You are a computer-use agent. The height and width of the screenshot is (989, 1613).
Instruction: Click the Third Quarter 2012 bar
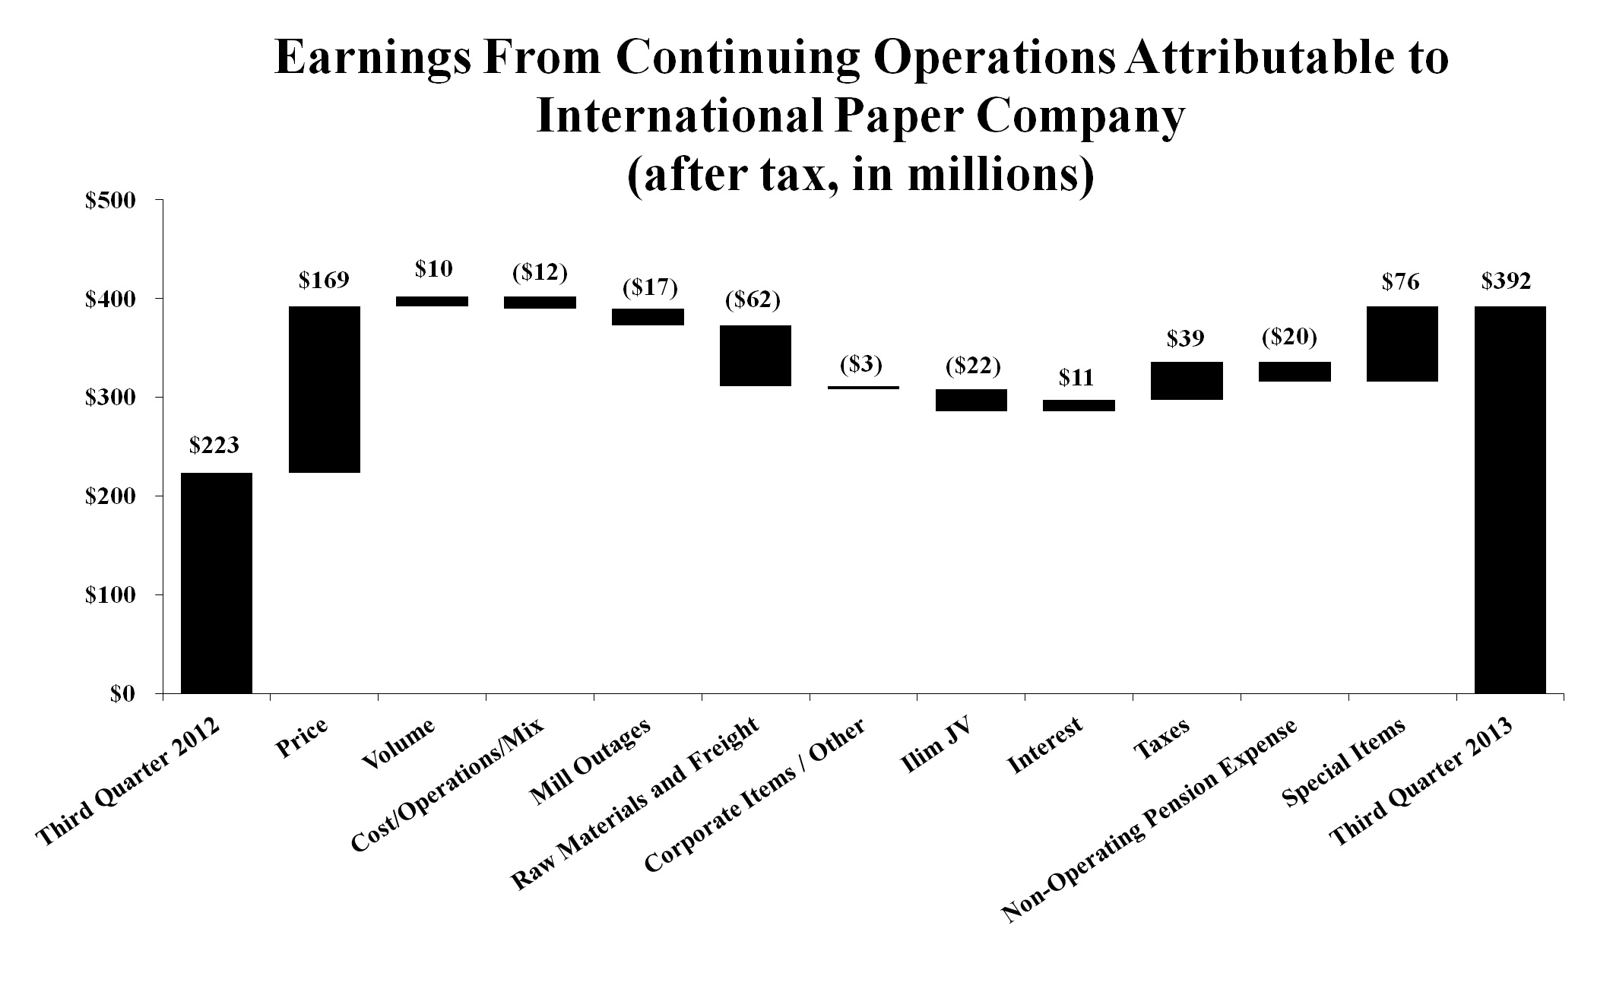point(216,583)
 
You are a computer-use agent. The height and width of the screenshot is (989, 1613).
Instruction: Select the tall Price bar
point(325,389)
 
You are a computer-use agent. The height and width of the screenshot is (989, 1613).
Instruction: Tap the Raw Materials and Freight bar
point(756,356)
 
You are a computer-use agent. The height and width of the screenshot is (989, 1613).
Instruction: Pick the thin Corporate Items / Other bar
point(864,388)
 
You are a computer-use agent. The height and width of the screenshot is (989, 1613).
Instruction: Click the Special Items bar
point(1402,344)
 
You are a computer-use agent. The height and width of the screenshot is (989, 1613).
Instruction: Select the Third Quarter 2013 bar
point(1510,499)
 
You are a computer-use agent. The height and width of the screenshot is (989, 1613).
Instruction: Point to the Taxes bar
point(1187,381)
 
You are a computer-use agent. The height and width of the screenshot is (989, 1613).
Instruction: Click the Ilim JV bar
point(971,400)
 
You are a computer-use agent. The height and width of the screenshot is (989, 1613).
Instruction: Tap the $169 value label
point(324,281)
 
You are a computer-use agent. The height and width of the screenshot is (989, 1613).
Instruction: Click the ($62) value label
point(753,300)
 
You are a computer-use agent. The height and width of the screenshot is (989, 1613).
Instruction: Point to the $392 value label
point(1507,281)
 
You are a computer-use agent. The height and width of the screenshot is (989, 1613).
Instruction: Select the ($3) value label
point(860,364)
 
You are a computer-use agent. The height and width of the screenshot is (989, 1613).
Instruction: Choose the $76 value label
point(1400,282)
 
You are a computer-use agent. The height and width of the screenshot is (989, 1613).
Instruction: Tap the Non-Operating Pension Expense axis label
point(1152,821)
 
